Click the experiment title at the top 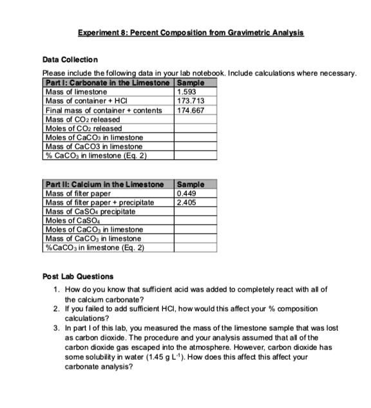pos(191,32)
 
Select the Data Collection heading pos(70,59)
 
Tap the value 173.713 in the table pos(189,101)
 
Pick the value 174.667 pos(189,110)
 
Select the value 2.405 pos(186,201)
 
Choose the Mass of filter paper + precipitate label pos(99,201)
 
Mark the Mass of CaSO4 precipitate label pos(89,210)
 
